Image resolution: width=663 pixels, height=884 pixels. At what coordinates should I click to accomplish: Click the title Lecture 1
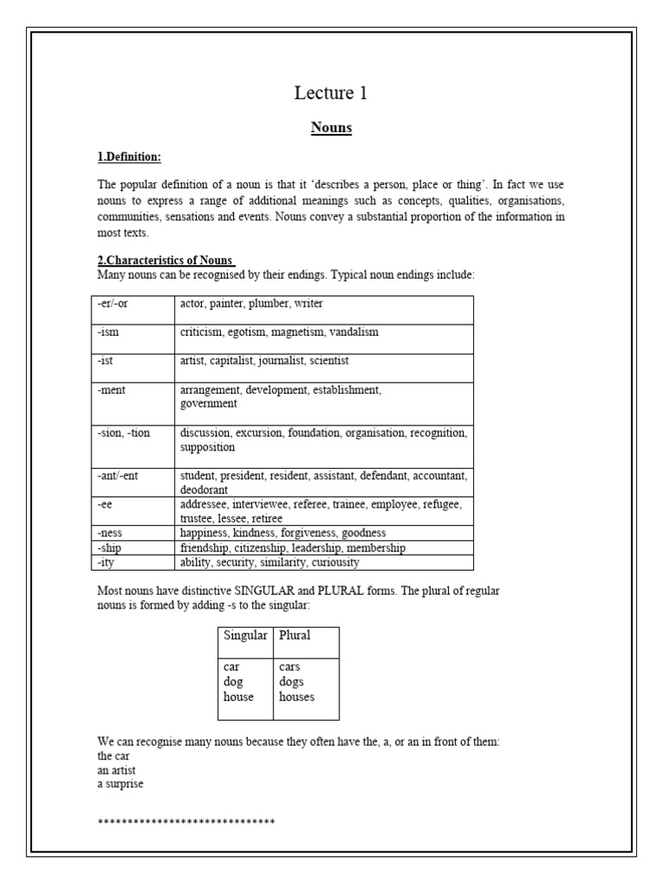coord(331,93)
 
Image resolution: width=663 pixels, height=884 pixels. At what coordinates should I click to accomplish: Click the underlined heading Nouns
coord(331,128)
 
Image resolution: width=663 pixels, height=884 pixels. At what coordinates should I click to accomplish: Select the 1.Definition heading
coord(129,156)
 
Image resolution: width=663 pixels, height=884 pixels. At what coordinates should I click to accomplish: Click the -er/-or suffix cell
coord(112,304)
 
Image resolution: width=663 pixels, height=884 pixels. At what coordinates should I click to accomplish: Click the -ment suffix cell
coord(110,390)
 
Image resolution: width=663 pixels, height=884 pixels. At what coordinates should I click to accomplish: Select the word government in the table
coord(208,403)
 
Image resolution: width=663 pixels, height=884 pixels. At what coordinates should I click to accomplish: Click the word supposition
coord(207,447)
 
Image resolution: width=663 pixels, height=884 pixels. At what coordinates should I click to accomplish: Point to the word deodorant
coord(205,489)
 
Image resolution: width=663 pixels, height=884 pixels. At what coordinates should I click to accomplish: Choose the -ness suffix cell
coord(110,534)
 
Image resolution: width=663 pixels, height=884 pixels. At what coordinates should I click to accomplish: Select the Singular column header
coord(245,635)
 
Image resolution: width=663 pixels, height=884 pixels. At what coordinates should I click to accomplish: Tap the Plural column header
coord(294,635)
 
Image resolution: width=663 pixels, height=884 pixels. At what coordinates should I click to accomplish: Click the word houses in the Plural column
coord(296,697)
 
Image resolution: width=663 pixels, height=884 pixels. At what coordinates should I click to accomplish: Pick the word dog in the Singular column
coord(233,682)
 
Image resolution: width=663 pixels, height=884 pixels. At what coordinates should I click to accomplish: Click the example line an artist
coord(117,769)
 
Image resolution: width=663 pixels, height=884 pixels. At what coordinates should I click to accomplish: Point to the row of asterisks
coord(186,820)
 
